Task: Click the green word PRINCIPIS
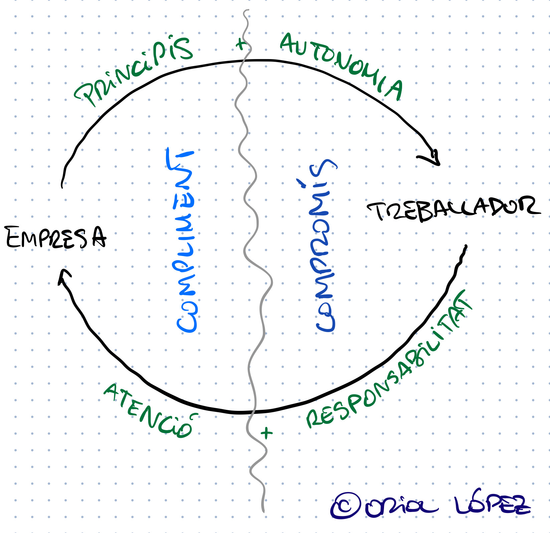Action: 134,70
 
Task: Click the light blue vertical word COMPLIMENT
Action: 184,240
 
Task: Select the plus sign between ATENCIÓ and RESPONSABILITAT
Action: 266,433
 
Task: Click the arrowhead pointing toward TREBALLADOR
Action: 433,158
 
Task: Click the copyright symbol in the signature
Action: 346,506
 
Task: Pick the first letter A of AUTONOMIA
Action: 288,43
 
